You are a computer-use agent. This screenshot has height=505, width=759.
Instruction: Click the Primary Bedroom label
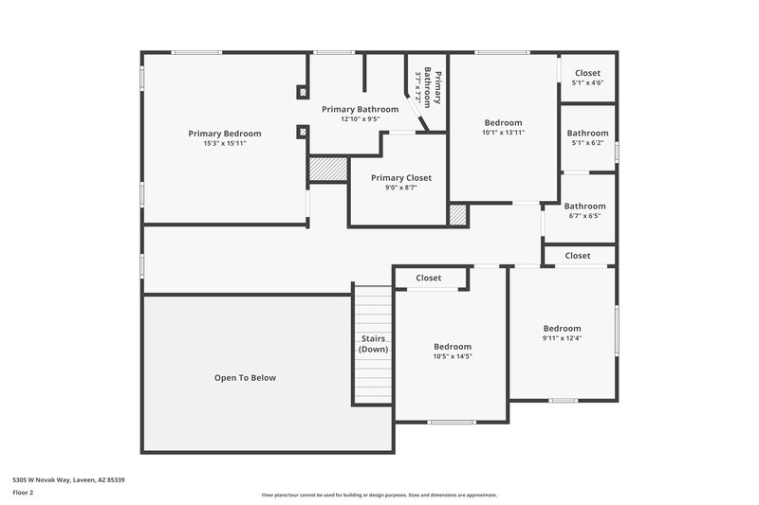click(224, 134)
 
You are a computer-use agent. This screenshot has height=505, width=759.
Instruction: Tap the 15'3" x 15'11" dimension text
click(224, 144)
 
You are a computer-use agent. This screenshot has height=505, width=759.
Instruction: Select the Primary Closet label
click(400, 178)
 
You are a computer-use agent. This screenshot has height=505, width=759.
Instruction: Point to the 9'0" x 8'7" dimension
click(400, 188)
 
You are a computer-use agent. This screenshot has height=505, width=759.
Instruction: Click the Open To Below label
click(245, 377)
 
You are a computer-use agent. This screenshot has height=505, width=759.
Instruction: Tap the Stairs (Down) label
click(373, 344)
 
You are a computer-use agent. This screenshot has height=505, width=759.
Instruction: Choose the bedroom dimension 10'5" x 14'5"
click(453, 356)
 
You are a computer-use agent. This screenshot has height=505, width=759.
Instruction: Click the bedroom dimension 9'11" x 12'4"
click(562, 338)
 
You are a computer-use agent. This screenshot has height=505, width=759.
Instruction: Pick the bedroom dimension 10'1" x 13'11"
click(503, 133)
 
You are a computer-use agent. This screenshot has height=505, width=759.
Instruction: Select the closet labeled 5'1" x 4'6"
click(587, 83)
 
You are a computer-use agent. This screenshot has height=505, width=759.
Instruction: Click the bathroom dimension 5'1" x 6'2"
click(587, 143)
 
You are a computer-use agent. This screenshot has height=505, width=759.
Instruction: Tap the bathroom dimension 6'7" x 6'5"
click(584, 216)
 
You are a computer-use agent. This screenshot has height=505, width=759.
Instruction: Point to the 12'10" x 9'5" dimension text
click(360, 119)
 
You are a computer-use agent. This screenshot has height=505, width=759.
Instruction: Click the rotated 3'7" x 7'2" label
click(417, 87)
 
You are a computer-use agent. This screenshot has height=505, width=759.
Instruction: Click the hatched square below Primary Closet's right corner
click(458, 215)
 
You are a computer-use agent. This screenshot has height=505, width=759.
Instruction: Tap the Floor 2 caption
click(23, 493)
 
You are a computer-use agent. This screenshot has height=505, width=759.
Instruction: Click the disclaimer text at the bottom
click(379, 495)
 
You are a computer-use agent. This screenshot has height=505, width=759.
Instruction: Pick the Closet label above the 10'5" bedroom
click(428, 278)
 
